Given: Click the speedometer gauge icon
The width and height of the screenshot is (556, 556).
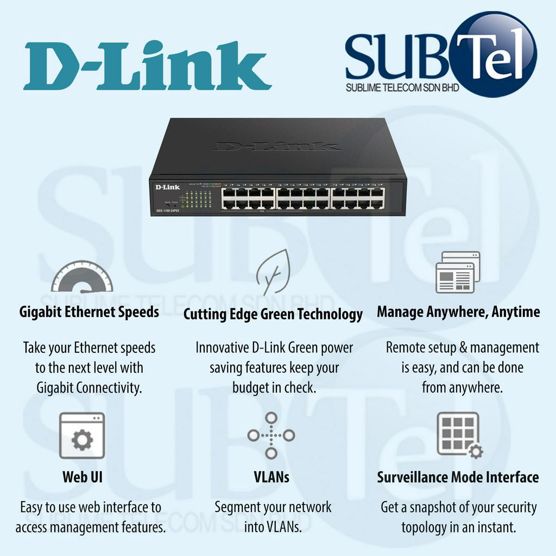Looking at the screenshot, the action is coord(82,277).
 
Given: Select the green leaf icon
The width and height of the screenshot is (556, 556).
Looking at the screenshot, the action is coord(273,271).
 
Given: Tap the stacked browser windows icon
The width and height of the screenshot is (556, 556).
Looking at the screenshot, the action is coord(458,272).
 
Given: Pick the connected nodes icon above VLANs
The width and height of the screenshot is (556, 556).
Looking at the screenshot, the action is coord(271,435).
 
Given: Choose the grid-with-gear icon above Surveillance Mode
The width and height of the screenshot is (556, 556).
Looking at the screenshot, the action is coord(459,435).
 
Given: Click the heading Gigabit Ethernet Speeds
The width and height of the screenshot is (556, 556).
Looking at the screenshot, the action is coord(89,312).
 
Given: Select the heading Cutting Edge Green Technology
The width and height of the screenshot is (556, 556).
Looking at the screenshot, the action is coord(273,314).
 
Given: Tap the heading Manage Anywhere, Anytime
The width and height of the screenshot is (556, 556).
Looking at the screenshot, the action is coord(458,312).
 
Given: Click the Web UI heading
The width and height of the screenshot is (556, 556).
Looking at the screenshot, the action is coord(83,477).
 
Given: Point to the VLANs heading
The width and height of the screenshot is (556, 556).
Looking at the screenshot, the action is coord(271,477).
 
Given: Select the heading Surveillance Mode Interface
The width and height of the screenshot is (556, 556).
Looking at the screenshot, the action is coord(458,477).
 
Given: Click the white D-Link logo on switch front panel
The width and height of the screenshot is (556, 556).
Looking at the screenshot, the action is coord(167,187).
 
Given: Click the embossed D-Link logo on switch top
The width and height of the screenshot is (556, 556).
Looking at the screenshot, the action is coord(276,146).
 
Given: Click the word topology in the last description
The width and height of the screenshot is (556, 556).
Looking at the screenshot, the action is coord(429,527).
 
